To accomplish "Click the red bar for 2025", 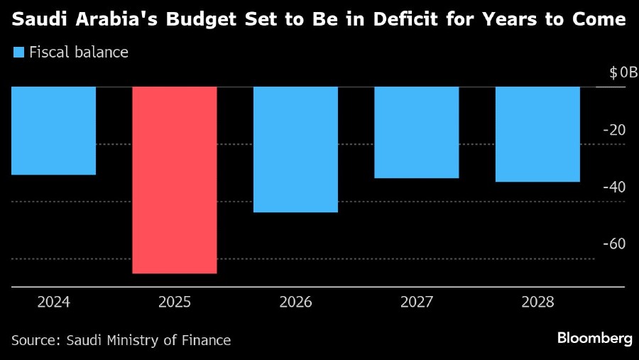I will click(175, 180).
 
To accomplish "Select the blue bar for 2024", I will click(53, 131).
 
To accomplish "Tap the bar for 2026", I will click(295, 149).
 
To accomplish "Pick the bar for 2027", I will click(417, 132).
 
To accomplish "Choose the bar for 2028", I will click(537, 134).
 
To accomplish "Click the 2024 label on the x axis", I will click(53, 302).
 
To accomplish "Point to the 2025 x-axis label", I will click(175, 302).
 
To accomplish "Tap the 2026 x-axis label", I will click(295, 302).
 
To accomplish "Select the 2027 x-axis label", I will click(417, 302).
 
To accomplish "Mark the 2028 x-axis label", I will click(537, 302).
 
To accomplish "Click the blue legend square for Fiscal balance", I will click(18, 52).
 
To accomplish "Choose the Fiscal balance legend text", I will click(79, 52).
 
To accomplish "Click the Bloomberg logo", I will click(594, 339).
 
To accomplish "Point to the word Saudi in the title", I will click(40, 19).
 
